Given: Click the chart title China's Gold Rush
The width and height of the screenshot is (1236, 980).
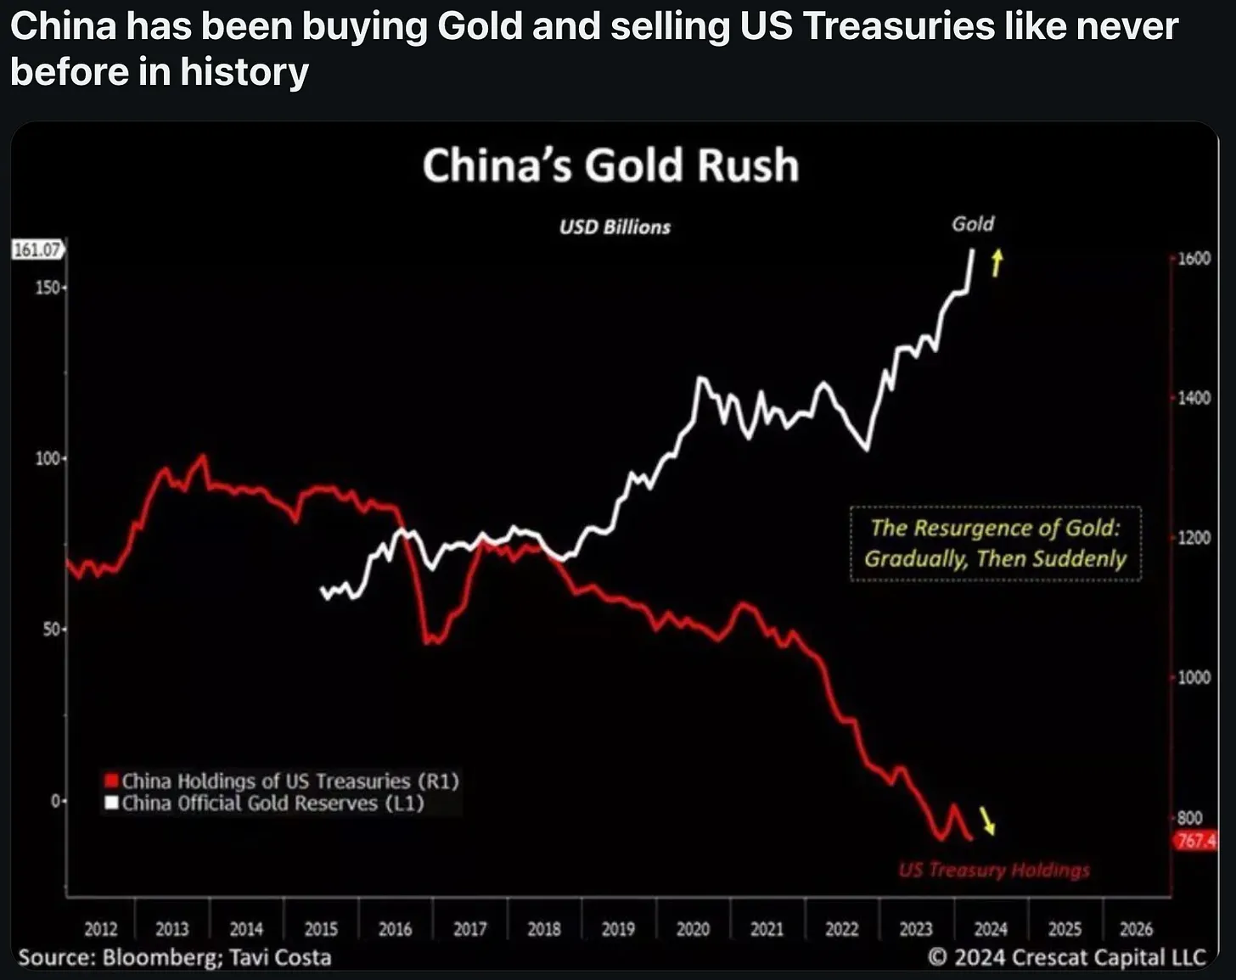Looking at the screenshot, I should pyautogui.click(x=610, y=165).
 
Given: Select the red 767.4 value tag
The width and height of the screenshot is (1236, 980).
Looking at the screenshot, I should pyautogui.click(x=1195, y=841).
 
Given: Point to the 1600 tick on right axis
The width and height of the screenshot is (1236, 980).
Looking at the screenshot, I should pyautogui.click(x=1194, y=258).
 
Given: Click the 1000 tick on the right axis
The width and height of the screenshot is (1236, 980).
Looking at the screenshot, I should pyautogui.click(x=1194, y=677).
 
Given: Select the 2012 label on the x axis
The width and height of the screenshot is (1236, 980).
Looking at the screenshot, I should pyautogui.click(x=100, y=929).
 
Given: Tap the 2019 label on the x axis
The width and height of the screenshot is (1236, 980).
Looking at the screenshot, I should pyautogui.click(x=618, y=929).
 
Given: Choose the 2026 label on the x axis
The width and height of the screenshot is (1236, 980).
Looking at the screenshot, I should pyautogui.click(x=1136, y=929).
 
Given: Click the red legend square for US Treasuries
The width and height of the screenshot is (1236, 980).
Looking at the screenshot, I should pyautogui.click(x=110, y=781).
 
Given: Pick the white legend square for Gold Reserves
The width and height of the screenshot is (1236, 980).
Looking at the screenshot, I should pyautogui.click(x=110, y=803).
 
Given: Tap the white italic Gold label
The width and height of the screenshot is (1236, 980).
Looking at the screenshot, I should pyautogui.click(x=973, y=224).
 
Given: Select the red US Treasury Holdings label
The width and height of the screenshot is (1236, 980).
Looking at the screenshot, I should pyautogui.click(x=994, y=870).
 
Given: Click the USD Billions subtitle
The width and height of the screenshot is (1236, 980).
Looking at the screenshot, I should pyautogui.click(x=615, y=227).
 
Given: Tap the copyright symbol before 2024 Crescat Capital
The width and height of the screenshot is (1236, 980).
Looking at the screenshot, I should pyautogui.click(x=937, y=957).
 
